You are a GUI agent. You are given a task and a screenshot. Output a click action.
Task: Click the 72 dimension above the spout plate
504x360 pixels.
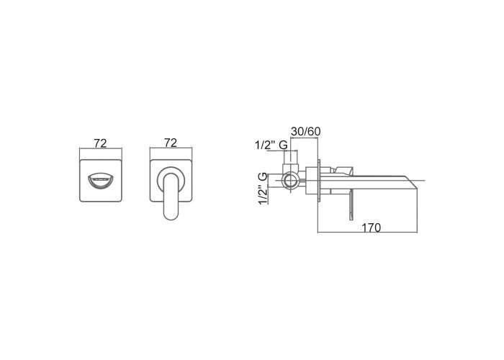(x=100, y=143)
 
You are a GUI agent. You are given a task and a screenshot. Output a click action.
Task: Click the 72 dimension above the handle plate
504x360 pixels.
(x=171, y=143)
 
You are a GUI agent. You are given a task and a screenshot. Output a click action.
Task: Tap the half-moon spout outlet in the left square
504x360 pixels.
(x=101, y=181)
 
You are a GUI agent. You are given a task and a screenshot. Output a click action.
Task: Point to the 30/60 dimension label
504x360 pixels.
(x=306, y=132)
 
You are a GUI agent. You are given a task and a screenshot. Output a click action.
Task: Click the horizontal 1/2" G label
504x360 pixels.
(x=271, y=145)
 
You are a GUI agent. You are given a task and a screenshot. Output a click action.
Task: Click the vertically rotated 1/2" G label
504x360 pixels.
(x=263, y=189)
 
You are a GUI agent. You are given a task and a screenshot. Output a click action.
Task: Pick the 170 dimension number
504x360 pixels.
(x=372, y=228)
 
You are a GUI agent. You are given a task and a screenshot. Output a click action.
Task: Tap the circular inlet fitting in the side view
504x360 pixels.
(x=290, y=180)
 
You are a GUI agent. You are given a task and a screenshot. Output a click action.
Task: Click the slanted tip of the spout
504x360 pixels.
(x=411, y=182)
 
